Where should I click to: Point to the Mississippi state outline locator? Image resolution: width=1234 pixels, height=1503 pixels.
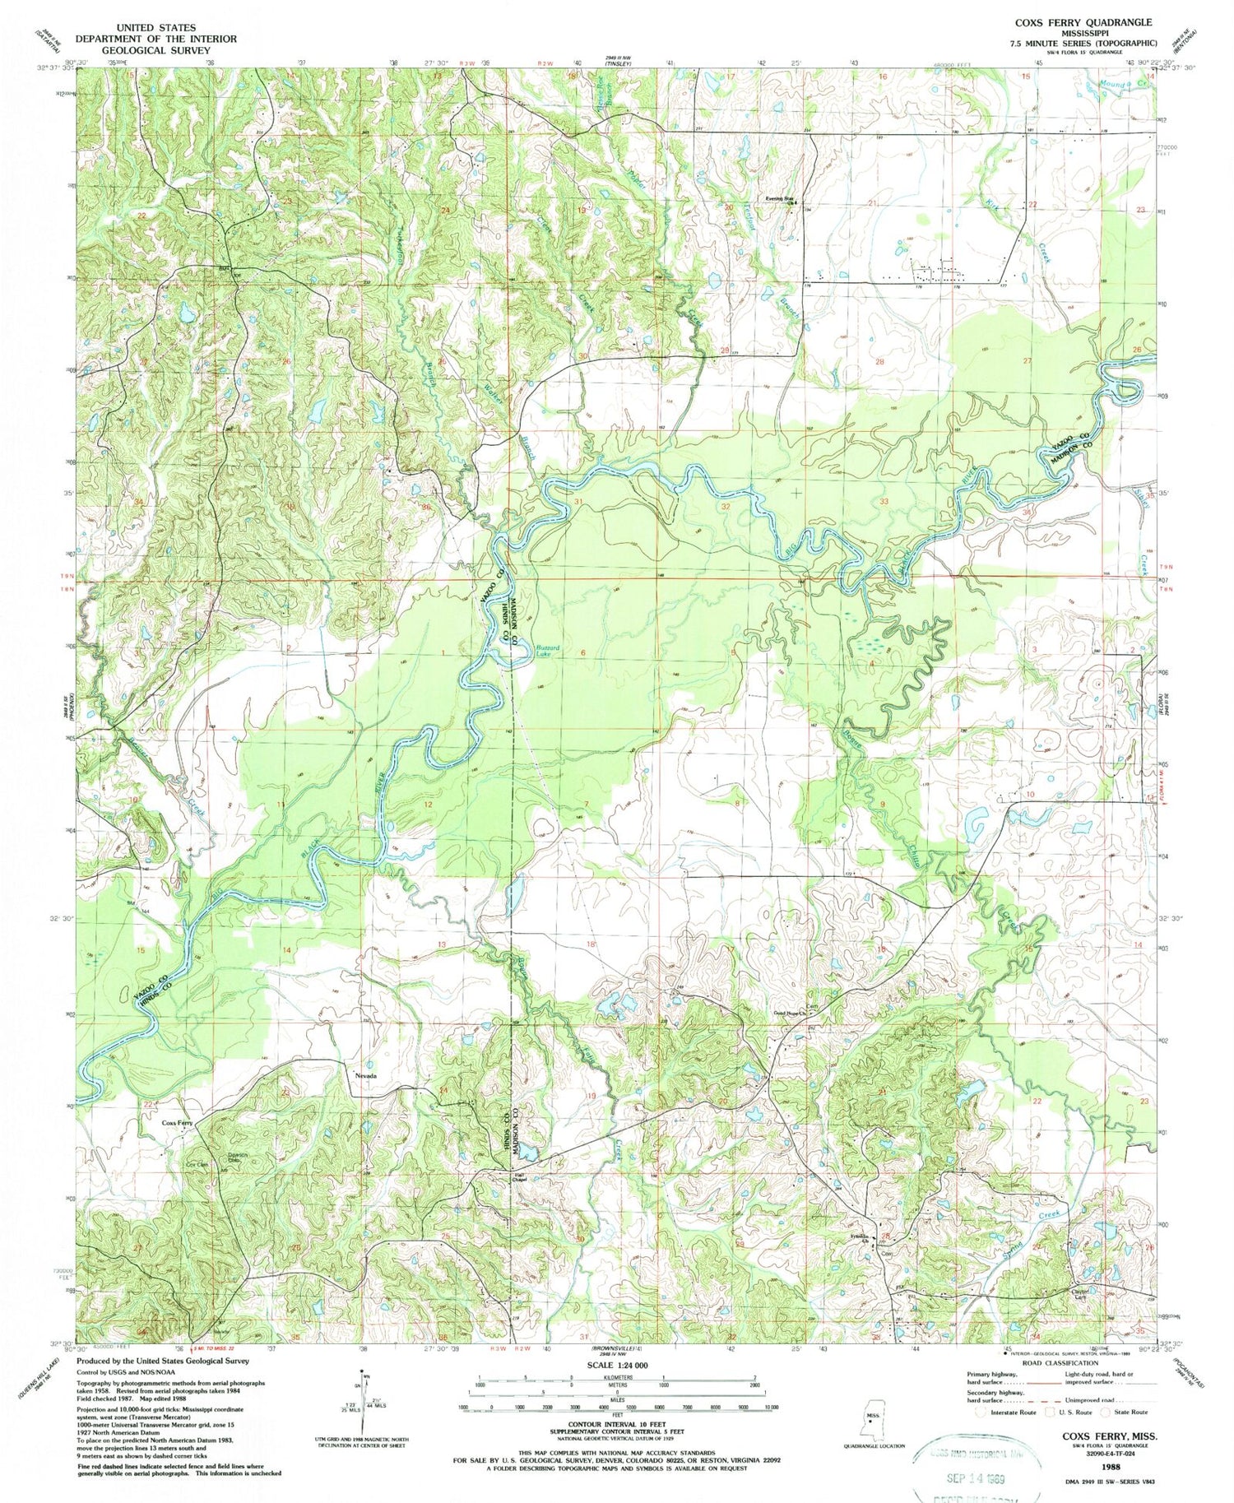click(873, 1417)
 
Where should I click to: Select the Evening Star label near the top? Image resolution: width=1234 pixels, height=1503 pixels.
click(781, 197)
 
